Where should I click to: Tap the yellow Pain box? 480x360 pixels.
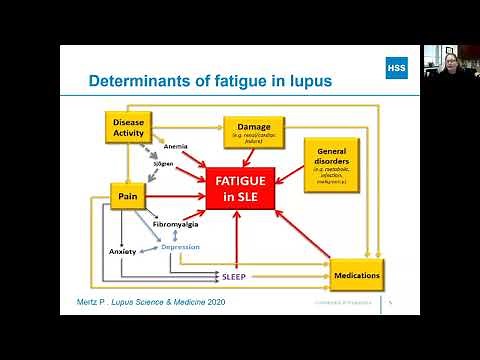(128, 197)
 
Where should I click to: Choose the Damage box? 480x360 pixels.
(253, 131)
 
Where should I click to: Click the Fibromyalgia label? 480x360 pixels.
(176, 226)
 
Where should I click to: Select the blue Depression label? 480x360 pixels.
(181, 246)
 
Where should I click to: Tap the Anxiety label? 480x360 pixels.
(122, 251)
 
